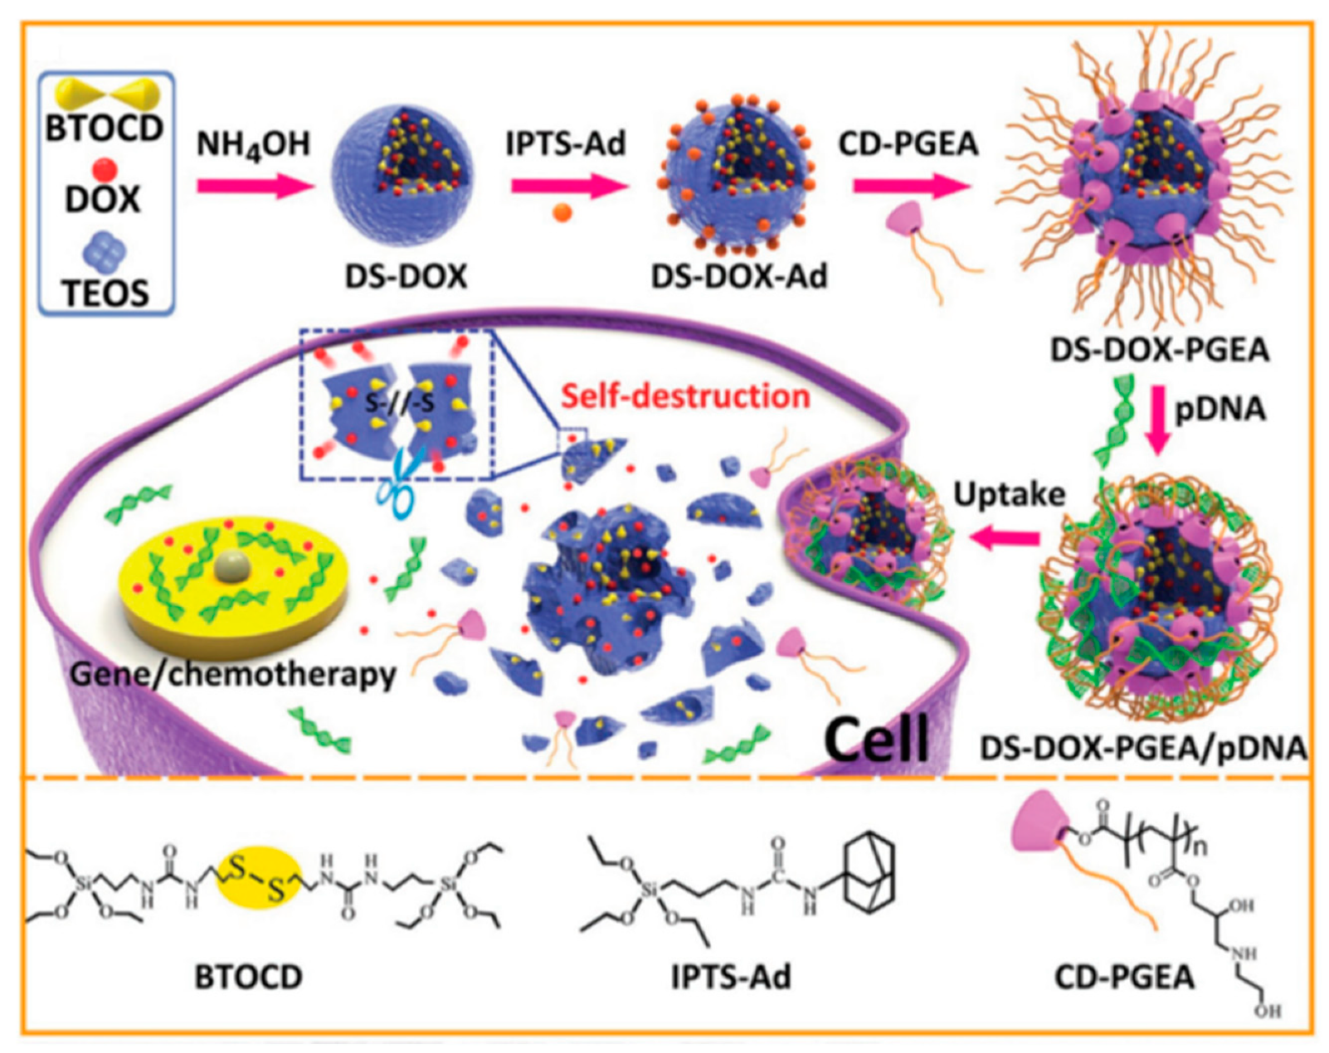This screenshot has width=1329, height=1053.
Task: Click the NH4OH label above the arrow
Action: point(253,144)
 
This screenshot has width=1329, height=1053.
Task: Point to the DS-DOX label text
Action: point(406,276)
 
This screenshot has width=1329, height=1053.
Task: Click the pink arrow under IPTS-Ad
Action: point(568,185)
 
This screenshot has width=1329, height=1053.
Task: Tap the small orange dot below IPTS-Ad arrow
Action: point(562,213)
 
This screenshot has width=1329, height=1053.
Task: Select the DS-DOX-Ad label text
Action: point(738,276)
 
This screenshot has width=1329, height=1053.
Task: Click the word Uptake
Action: point(1009,494)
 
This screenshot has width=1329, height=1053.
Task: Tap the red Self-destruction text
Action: point(685,395)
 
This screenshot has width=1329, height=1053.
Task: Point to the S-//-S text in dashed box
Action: point(399,404)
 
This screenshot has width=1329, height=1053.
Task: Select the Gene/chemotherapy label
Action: point(233,673)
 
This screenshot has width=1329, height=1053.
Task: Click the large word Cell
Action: point(877,738)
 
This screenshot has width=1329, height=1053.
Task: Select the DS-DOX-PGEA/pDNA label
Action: point(1142,748)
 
